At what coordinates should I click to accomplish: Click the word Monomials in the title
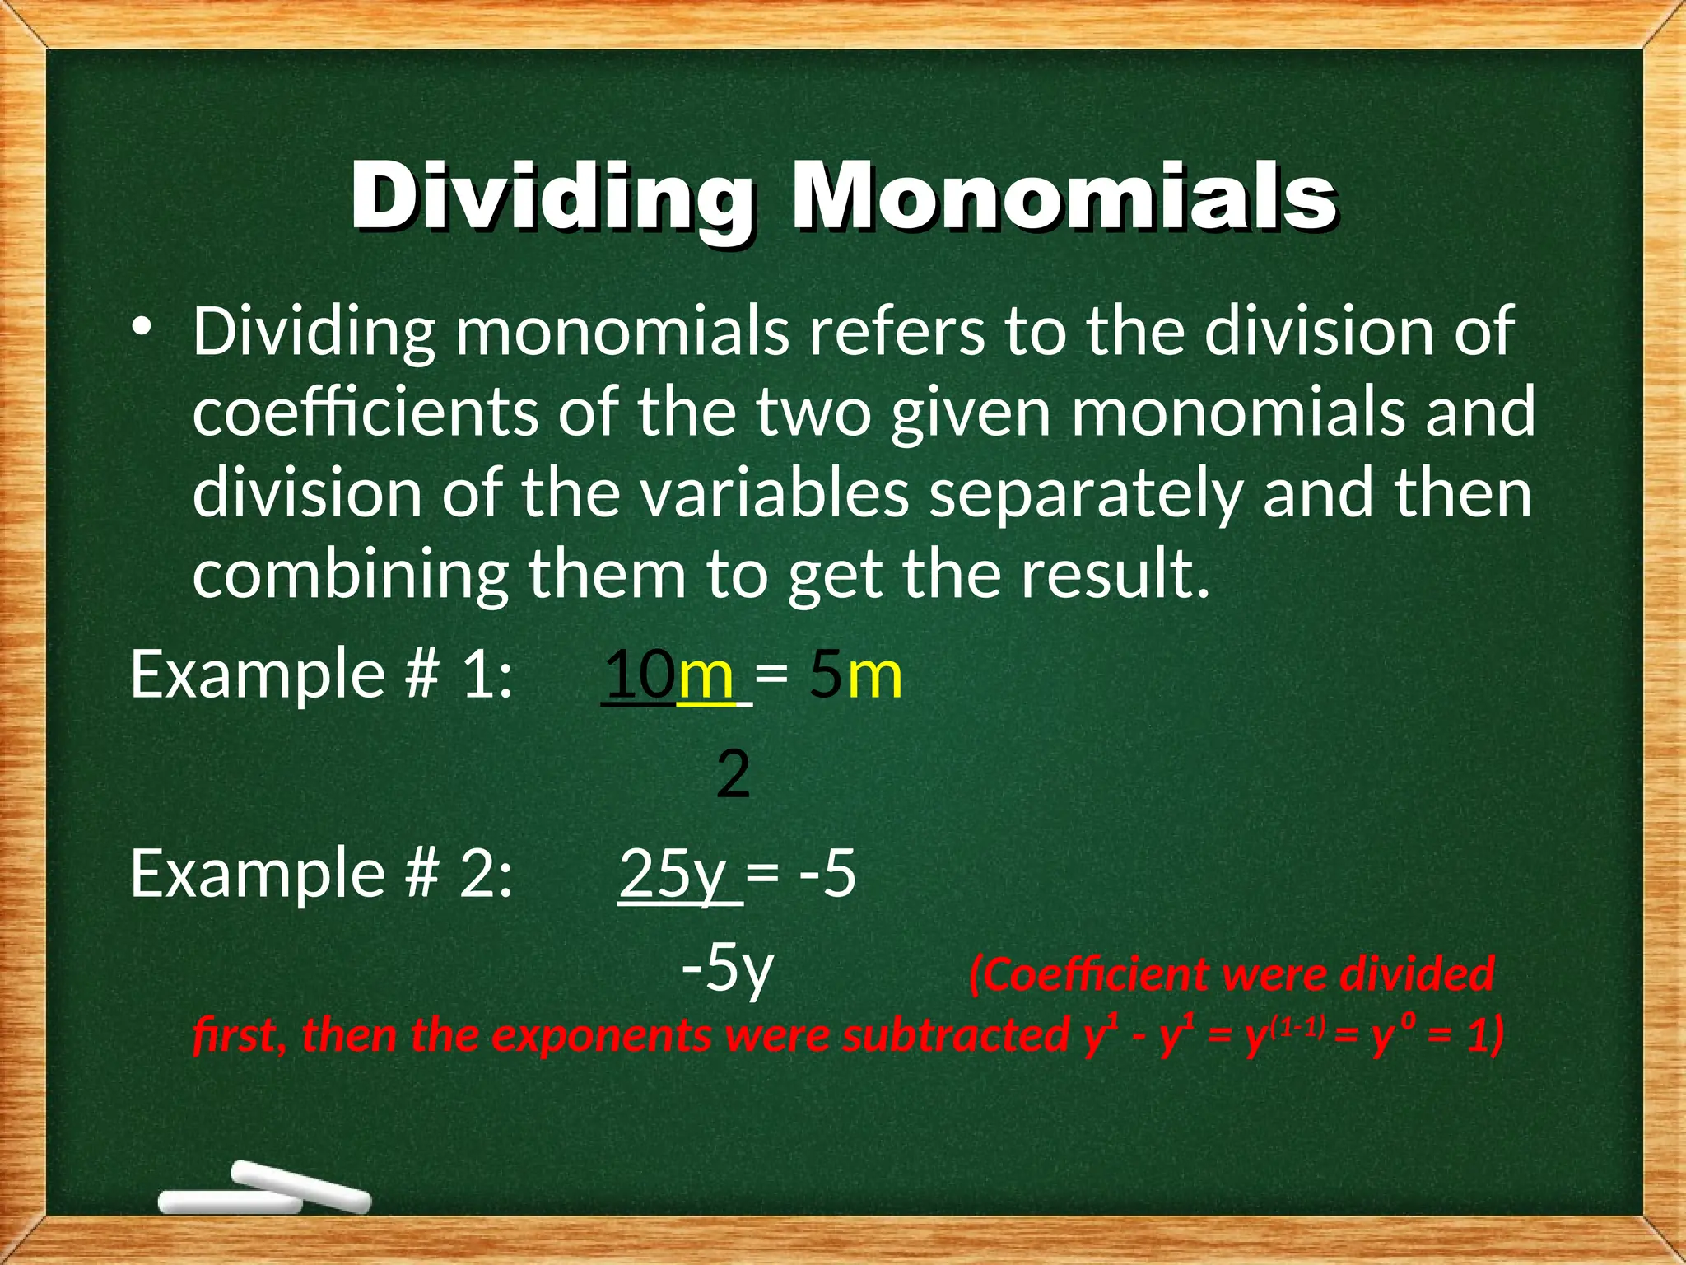tap(1064, 198)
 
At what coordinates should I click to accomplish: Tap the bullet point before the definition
tap(143, 327)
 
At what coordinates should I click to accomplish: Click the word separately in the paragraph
tap(1085, 494)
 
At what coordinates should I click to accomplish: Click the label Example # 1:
tap(322, 675)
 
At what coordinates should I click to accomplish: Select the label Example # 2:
tap(322, 874)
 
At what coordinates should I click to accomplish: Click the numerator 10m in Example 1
tap(669, 675)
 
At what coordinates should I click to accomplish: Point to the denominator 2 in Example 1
tap(733, 775)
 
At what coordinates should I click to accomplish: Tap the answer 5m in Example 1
tap(855, 675)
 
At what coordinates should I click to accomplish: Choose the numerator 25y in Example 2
tap(673, 874)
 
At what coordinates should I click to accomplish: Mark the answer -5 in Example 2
tap(827, 874)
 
